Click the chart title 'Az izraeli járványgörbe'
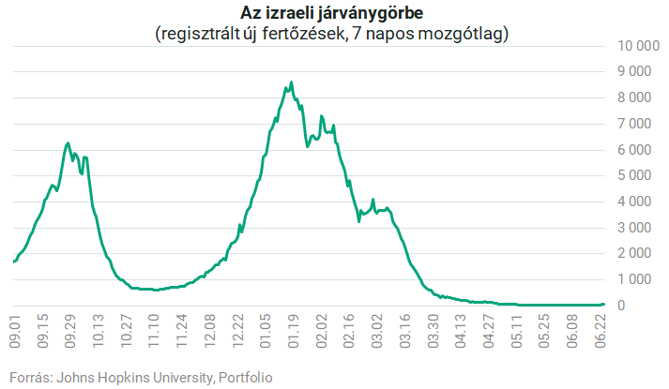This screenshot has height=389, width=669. point(331,13)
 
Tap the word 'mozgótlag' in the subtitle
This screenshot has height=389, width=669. point(463,34)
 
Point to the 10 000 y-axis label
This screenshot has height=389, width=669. point(639,46)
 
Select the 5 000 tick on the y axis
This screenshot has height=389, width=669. point(635,175)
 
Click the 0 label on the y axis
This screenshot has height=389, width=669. point(621,305)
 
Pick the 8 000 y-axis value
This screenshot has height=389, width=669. point(635,97)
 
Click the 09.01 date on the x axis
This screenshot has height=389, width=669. point(15,331)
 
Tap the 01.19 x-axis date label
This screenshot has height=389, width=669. point(293,331)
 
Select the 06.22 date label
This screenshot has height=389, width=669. point(601,331)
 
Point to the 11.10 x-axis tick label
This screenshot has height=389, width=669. point(154,331)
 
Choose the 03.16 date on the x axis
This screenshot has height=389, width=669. point(404,331)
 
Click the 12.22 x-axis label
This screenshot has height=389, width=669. point(237,331)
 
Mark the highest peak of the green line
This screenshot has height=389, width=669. point(291,82)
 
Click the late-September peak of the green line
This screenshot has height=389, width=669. point(68,143)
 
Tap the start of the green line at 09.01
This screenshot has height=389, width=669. point(14,262)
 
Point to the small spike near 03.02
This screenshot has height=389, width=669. point(373,200)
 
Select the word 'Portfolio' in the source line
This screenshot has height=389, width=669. point(245,378)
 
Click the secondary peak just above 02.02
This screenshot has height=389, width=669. point(321,116)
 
